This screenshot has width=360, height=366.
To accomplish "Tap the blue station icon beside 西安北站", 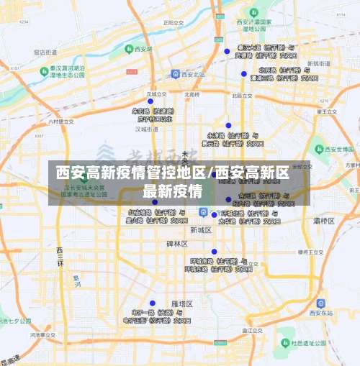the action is (x=176, y=73).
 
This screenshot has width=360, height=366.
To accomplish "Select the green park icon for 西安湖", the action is (x=130, y=49).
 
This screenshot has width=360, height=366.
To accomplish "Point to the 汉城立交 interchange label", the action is (x=156, y=93).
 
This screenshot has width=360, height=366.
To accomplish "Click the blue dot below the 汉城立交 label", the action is (x=150, y=101).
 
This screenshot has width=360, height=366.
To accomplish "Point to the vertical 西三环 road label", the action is (x=60, y=256).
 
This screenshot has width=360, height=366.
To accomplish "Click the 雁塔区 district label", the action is (x=181, y=304).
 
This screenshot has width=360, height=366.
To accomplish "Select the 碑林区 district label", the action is (x=177, y=244).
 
